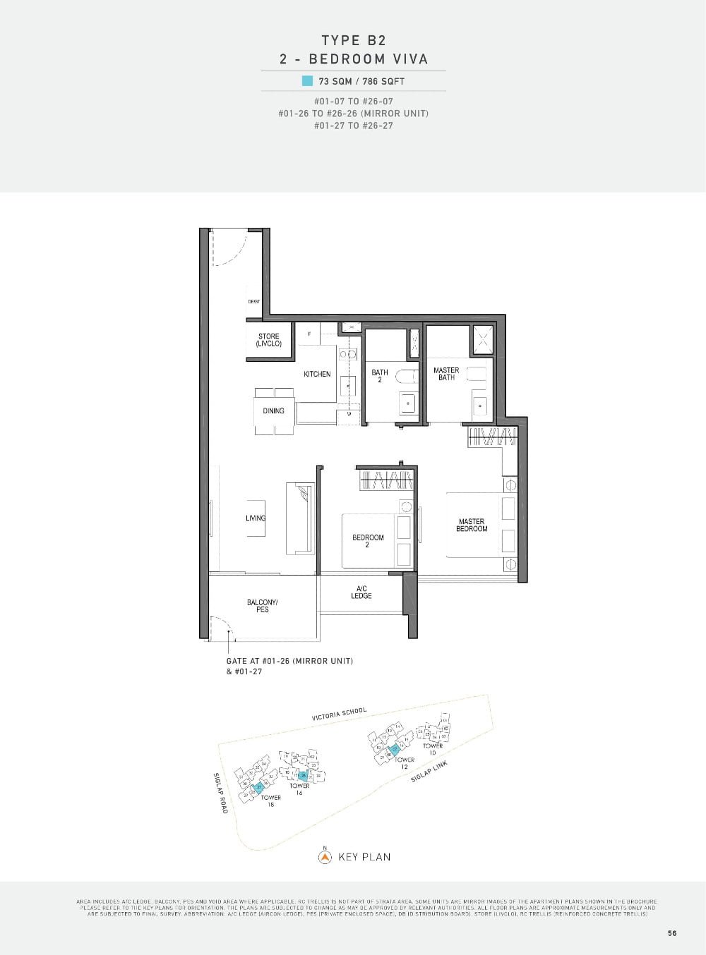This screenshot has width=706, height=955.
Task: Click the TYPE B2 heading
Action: click(354, 40)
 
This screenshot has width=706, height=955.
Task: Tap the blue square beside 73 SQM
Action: click(307, 80)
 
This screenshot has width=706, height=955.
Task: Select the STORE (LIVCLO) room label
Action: click(268, 340)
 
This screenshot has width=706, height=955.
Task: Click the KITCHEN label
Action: click(317, 374)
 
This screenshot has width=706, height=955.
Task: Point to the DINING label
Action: click(273, 410)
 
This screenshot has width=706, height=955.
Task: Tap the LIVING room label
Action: click(256, 518)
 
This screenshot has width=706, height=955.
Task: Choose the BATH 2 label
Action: click(380, 376)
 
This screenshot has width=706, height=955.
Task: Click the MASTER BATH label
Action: click(446, 374)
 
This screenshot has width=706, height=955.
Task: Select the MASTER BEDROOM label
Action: click(472, 525)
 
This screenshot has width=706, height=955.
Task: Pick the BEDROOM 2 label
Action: click(368, 541)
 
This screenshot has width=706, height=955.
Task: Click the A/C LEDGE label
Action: click(361, 592)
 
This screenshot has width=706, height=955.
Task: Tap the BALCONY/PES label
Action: click(263, 606)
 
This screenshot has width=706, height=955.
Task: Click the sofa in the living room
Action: click(300, 518)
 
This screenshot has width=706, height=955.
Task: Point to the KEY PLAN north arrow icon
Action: click(325, 857)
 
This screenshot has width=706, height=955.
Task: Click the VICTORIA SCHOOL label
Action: click(340, 714)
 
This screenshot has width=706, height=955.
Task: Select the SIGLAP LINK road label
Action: click(429, 770)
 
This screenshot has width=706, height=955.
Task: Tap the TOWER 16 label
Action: click(299, 789)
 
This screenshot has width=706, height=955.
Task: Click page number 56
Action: click(671, 933)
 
